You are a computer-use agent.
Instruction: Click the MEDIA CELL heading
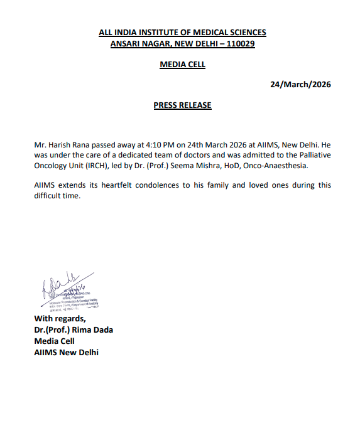pos(182,65)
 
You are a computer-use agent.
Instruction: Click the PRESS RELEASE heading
pos(182,105)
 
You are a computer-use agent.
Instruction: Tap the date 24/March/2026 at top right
pos(300,85)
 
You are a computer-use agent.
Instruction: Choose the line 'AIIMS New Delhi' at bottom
pos(66,352)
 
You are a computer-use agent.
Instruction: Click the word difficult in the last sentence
pos(50,196)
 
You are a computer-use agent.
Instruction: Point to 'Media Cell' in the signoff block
pos(54,341)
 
